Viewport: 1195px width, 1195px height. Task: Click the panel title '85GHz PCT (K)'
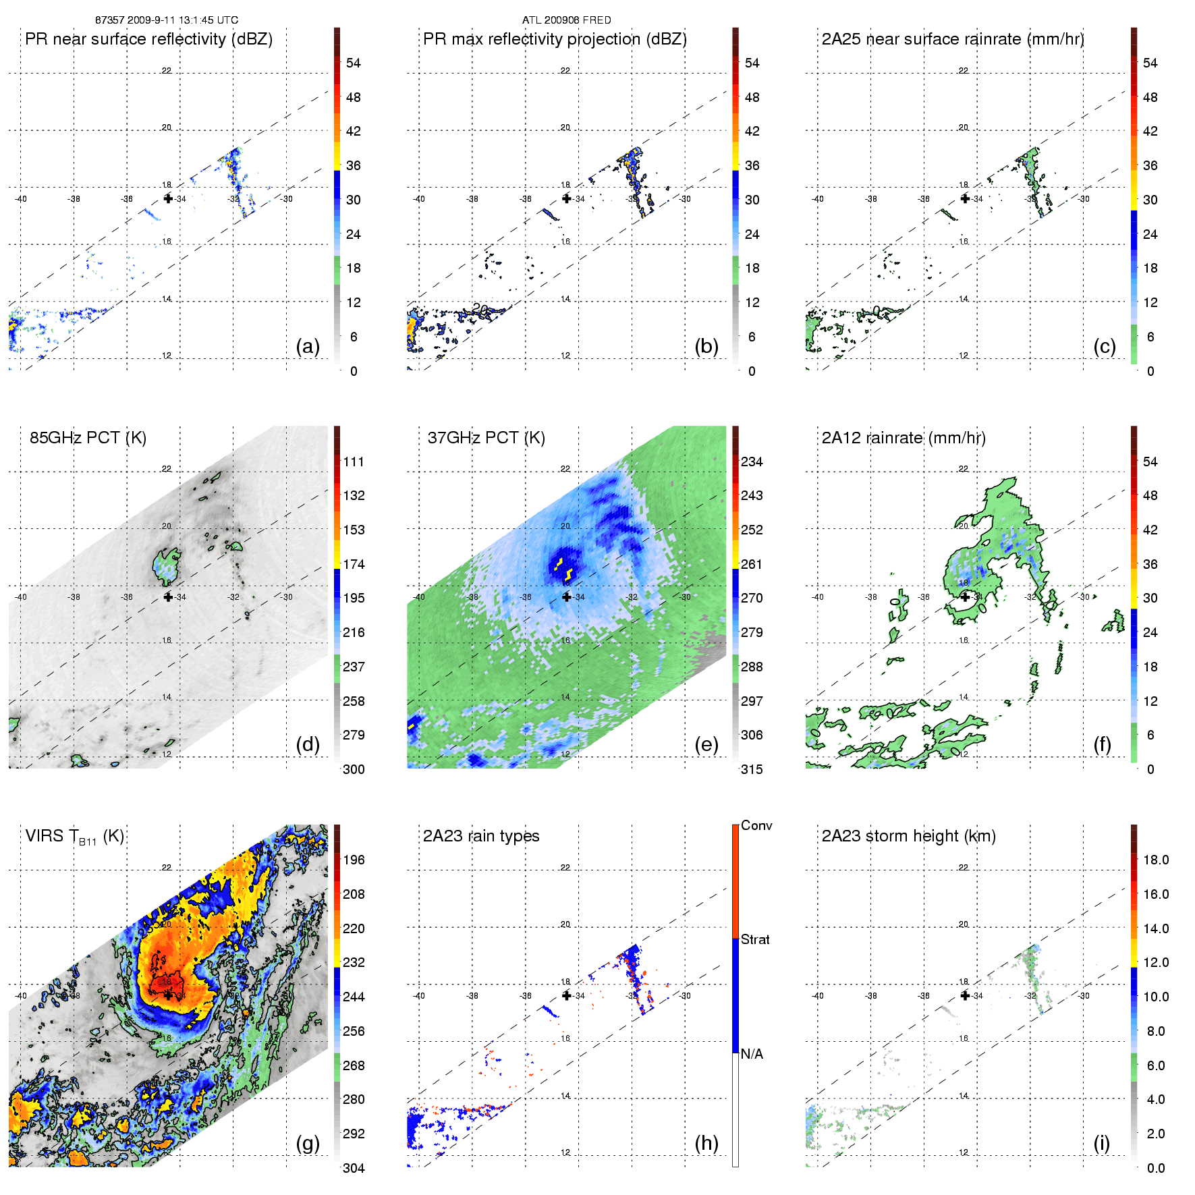click(x=88, y=438)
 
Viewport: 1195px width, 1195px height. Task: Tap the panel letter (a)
click(x=308, y=347)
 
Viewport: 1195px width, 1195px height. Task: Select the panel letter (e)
click(x=706, y=745)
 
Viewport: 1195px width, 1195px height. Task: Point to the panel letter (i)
click(x=1101, y=1143)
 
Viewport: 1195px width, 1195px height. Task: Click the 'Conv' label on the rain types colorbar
click(x=756, y=826)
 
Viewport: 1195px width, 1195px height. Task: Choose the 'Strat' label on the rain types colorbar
click(x=755, y=940)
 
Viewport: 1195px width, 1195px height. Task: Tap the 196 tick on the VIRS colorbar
click(x=354, y=860)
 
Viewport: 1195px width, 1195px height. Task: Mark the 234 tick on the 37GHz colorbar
click(x=752, y=462)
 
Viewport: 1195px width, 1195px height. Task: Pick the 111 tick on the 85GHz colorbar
click(x=354, y=462)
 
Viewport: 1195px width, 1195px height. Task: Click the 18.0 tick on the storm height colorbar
click(x=1156, y=860)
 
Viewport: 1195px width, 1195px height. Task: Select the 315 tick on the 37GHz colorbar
click(x=752, y=770)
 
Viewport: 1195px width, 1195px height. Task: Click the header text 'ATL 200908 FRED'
click(x=566, y=20)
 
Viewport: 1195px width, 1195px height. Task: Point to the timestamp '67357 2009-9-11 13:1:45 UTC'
click(x=167, y=20)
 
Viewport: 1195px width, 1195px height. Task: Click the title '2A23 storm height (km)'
click(x=908, y=836)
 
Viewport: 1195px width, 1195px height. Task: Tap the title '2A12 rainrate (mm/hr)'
click(x=904, y=438)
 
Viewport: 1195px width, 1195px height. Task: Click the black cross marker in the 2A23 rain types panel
click(x=567, y=995)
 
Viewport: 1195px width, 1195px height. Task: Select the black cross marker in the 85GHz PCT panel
click(x=168, y=597)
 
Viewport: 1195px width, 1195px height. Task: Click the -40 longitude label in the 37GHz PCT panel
click(x=419, y=597)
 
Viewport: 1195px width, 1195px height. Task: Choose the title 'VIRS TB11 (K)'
click(x=74, y=837)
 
